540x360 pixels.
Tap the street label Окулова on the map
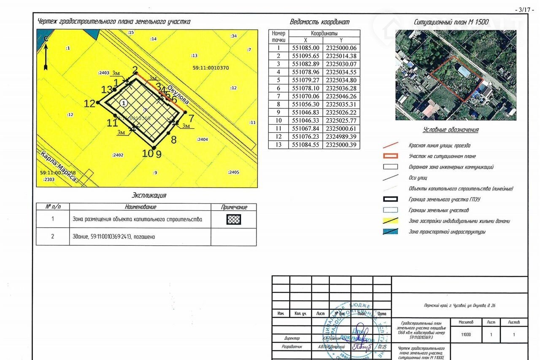(178, 95)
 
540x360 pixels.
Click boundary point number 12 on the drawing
(97, 102)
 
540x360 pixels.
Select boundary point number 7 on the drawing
(185, 112)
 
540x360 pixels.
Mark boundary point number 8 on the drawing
(169, 133)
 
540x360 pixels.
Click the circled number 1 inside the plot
(123, 102)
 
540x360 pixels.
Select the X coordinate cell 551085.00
(306, 48)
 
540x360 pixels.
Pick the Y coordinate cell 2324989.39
(341, 137)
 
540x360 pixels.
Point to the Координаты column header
(324, 33)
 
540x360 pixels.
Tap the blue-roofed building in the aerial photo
(464, 71)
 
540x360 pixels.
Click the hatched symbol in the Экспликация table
(233, 220)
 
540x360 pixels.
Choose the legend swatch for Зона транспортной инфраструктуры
(390, 231)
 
